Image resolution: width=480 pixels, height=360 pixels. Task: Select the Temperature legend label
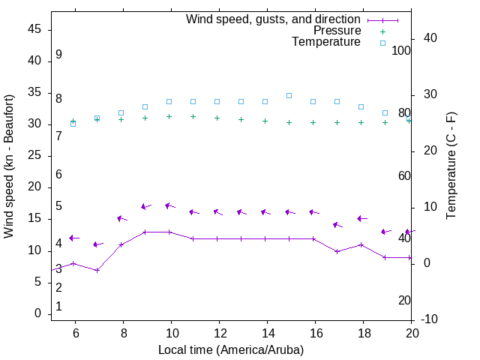(326, 42)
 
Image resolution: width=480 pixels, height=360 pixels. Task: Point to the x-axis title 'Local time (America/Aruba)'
(231, 349)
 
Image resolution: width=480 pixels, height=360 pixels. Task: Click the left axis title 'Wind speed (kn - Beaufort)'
(9, 166)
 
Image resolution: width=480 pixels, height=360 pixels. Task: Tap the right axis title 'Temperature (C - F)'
(451, 166)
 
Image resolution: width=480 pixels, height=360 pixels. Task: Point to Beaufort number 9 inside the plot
(58, 55)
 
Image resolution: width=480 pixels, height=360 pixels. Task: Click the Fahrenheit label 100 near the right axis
(401, 50)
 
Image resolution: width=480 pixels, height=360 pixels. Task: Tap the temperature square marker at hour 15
(289, 96)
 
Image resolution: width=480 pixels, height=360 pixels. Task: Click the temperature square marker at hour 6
(73, 123)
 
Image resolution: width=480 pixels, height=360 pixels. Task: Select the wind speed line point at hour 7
(97, 270)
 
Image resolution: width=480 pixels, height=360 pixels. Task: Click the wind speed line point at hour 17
(337, 251)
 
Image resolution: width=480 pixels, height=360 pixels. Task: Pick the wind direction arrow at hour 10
(169, 205)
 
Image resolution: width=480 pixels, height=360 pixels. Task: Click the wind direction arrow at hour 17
(337, 225)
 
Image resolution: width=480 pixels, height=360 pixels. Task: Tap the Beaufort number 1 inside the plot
(58, 307)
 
